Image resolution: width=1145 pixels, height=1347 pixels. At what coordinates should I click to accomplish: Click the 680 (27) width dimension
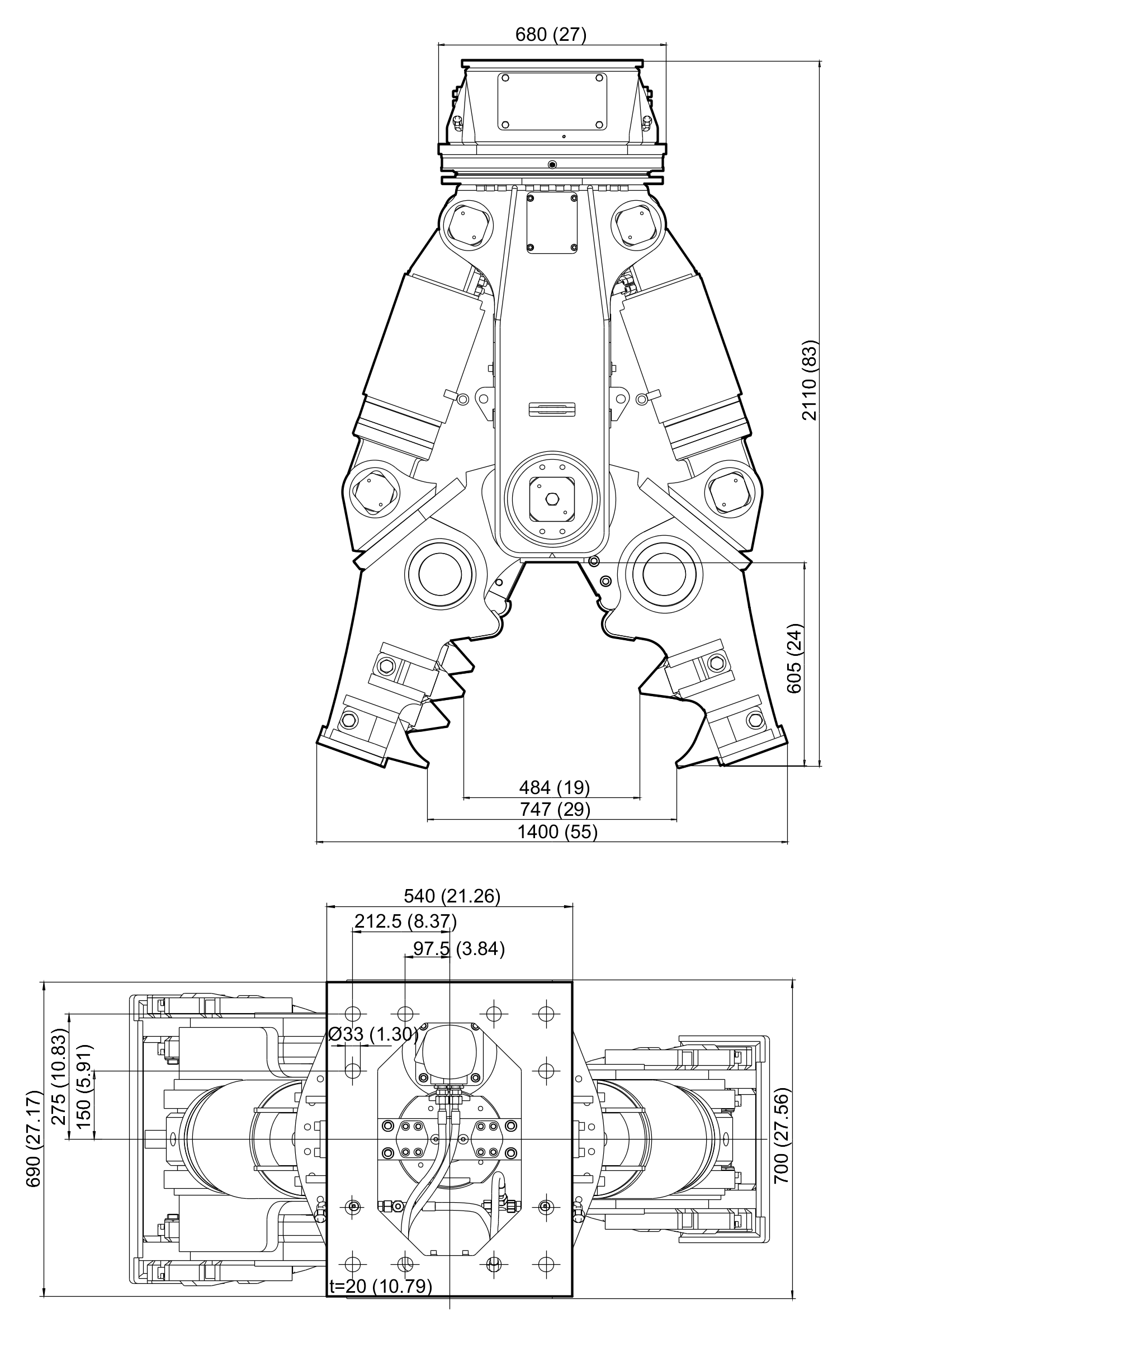(x=551, y=35)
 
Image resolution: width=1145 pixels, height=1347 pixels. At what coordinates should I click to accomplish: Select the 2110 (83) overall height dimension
(x=810, y=380)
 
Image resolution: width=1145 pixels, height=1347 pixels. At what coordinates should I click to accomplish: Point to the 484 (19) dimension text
(x=554, y=787)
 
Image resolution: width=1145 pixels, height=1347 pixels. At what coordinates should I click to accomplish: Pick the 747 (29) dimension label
(x=555, y=810)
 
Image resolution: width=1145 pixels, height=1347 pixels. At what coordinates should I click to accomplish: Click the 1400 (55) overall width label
(x=557, y=831)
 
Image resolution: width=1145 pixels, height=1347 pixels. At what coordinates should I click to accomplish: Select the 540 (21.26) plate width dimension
(x=452, y=896)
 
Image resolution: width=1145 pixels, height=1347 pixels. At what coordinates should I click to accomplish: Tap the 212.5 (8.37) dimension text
(x=406, y=921)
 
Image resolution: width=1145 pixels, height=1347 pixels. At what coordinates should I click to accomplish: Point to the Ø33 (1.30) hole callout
(x=374, y=1034)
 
